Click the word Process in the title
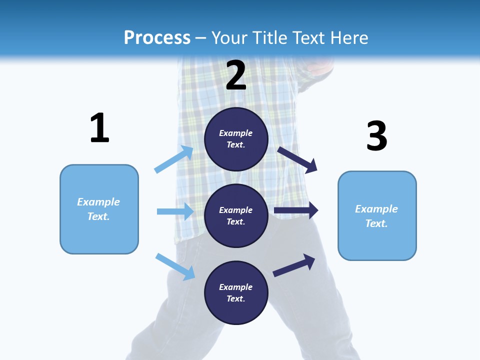157,38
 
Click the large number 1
99,128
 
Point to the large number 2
236,76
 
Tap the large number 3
376,136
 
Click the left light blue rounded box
99,209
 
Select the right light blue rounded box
377,215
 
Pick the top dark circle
236,139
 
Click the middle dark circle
236,215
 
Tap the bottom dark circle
236,292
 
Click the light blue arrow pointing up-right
174,159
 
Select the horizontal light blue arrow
175,211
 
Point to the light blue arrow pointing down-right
175,266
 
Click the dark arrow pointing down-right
297,159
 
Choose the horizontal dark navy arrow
296,210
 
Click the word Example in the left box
98,202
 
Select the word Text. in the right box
376,223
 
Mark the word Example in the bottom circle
236,287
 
